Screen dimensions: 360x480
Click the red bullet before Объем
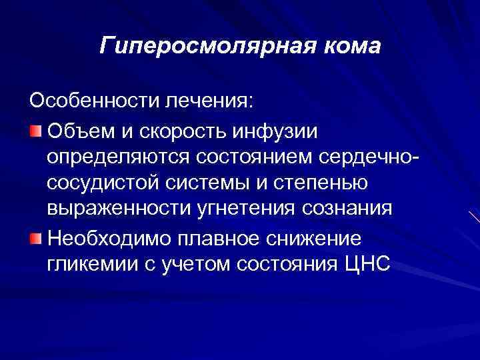click(x=37, y=129)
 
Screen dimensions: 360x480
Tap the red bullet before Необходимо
click(x=37, y=239)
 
